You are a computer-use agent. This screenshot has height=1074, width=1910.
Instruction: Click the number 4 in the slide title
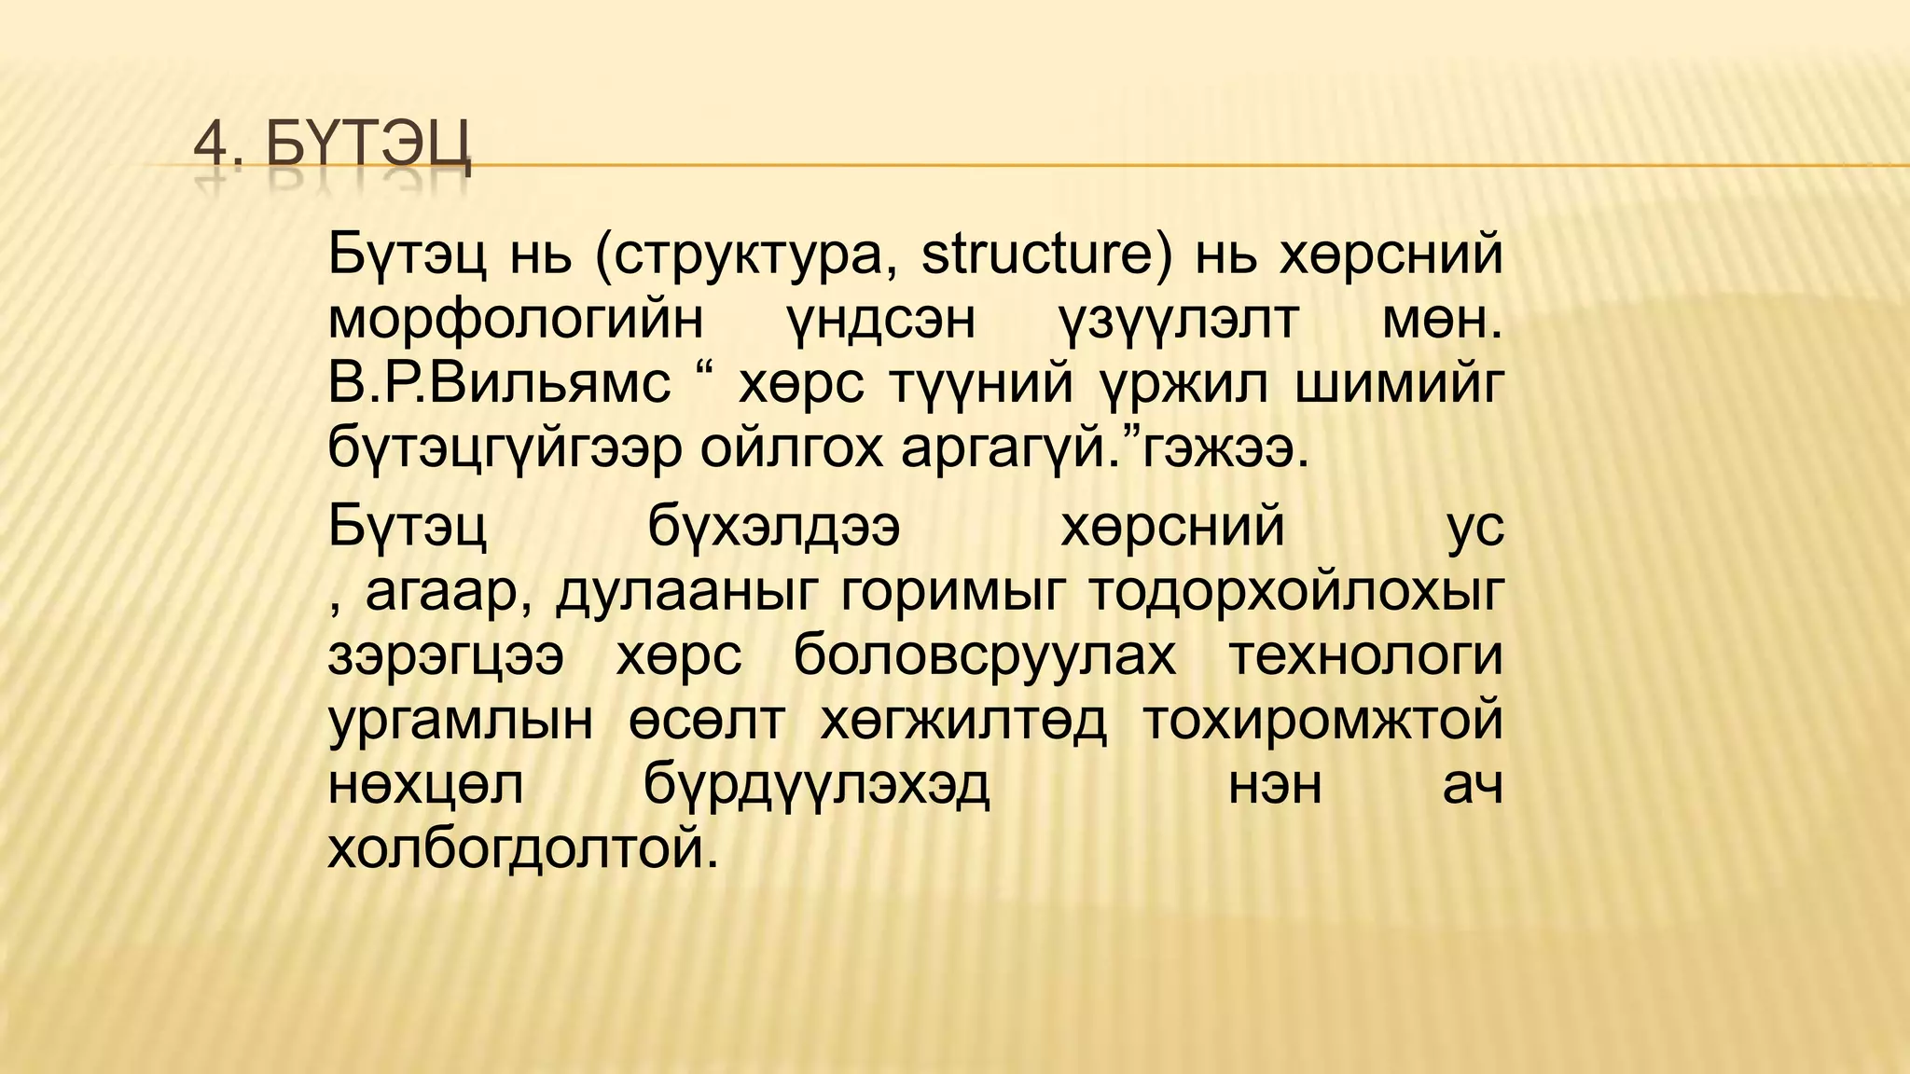tap(212, 148)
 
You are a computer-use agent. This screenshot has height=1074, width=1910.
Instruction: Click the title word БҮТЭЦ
tap(368, 148)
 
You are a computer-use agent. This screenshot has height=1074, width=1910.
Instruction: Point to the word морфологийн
tap(516, 320)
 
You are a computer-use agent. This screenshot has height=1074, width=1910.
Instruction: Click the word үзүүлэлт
tap(1177, 320)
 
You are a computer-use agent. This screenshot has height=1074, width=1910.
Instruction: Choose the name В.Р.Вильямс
tap(499, 384)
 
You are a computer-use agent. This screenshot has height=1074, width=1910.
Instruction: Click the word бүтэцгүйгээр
tap(505, 449)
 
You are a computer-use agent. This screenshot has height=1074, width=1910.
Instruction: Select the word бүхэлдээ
tap(773, 527)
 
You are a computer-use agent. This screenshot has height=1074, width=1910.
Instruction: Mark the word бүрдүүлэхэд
tap(816, 785)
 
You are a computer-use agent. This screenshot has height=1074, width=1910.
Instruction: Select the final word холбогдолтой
tap(523, 849)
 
